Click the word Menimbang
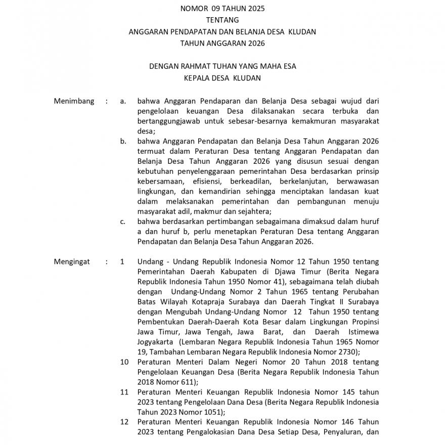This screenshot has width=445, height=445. pos(74,101)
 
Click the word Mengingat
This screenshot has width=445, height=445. pos(72,262)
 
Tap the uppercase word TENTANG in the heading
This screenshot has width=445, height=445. pos(222,20)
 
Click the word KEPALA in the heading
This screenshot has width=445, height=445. pos(197,78)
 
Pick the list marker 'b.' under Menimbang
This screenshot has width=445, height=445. pos(123,141)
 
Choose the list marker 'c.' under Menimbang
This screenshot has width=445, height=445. pos(123,221)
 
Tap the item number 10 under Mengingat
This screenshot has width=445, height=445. pos(124,362)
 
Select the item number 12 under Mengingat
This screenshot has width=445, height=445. pos(124,422)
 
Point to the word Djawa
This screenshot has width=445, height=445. pos(278,272)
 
